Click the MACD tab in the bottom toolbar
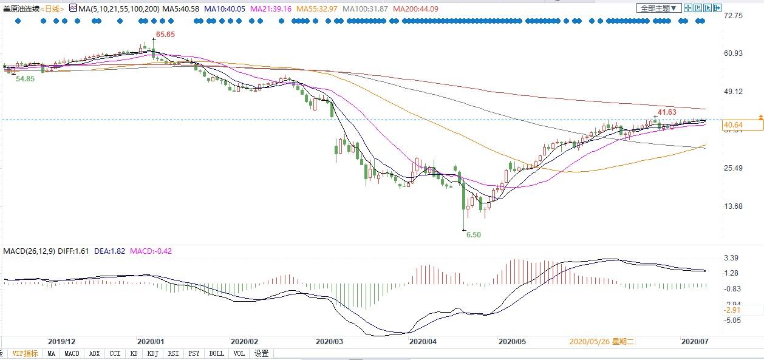72,353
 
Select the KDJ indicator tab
153,353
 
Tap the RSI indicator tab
173,353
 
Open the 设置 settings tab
262,353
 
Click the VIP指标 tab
25,353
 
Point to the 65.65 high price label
165,35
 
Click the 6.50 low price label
473,234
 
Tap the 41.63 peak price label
666,112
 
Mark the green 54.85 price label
25,79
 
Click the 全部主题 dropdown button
659,8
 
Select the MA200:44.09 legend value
415,9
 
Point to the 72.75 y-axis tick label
733,15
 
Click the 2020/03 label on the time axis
330,341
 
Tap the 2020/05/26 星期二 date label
602,341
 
